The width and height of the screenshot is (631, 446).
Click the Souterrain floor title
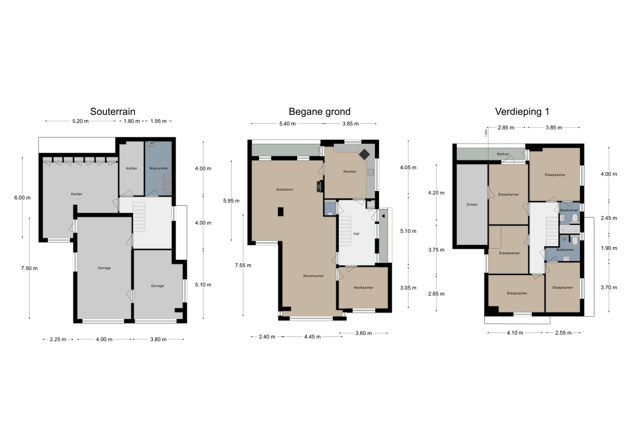tap(113, 112)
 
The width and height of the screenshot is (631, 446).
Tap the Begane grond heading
tap(319, 112)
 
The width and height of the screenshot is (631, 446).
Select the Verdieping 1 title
tap(522, 112)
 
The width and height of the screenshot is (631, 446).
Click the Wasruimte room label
tap(158, 168)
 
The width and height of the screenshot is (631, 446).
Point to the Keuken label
tap(350, 171)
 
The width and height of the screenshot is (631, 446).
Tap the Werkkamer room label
tap(363, 288)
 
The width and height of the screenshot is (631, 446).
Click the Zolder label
tap(472, 205)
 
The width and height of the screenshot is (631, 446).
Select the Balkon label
tap(503, 154)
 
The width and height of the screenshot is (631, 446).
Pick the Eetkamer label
tap(285, 190)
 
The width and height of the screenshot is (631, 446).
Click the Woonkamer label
tap(314, 276)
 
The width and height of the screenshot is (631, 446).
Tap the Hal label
tap(356, 234)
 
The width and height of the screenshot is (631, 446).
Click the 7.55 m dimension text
tap(243, 265)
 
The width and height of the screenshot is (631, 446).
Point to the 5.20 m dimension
tap(81, 121)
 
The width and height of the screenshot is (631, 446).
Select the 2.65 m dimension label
tap(436, 294)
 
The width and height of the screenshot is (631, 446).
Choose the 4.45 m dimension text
tap(312, 337)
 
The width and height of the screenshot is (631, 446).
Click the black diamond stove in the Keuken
tap(364, 154)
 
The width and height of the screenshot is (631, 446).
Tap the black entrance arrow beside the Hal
tap(383, 216)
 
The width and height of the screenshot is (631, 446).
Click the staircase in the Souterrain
tap(139, 217)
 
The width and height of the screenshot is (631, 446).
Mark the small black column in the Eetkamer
tap(281, 212)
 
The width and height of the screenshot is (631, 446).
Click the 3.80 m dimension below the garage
tap(158, 339)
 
